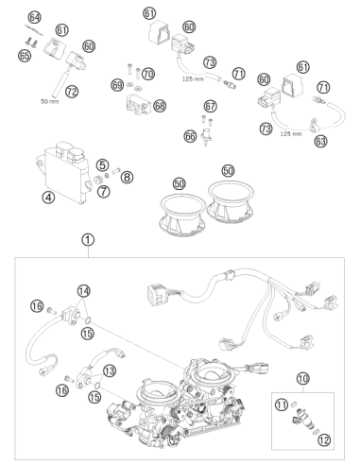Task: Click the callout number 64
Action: [34, 18]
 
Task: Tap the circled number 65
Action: [25, 56]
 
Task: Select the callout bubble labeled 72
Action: [72, 92]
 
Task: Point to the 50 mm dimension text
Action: [50, 101]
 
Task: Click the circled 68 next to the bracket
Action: [160, 106]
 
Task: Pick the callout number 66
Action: [190, 136]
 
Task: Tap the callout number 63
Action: [320, 141]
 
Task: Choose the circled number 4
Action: [48, 198]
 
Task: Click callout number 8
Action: [127, 178]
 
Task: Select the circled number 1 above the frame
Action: [88, 240]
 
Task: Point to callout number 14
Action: [84, 291]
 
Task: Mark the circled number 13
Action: [110, 370]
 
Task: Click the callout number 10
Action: [303, 378]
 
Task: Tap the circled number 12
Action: [324, 439]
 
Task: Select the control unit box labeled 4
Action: [63, 173]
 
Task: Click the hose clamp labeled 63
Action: [314, 125]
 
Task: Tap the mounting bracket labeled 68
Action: [138, 104]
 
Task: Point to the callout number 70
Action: [148, 75]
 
